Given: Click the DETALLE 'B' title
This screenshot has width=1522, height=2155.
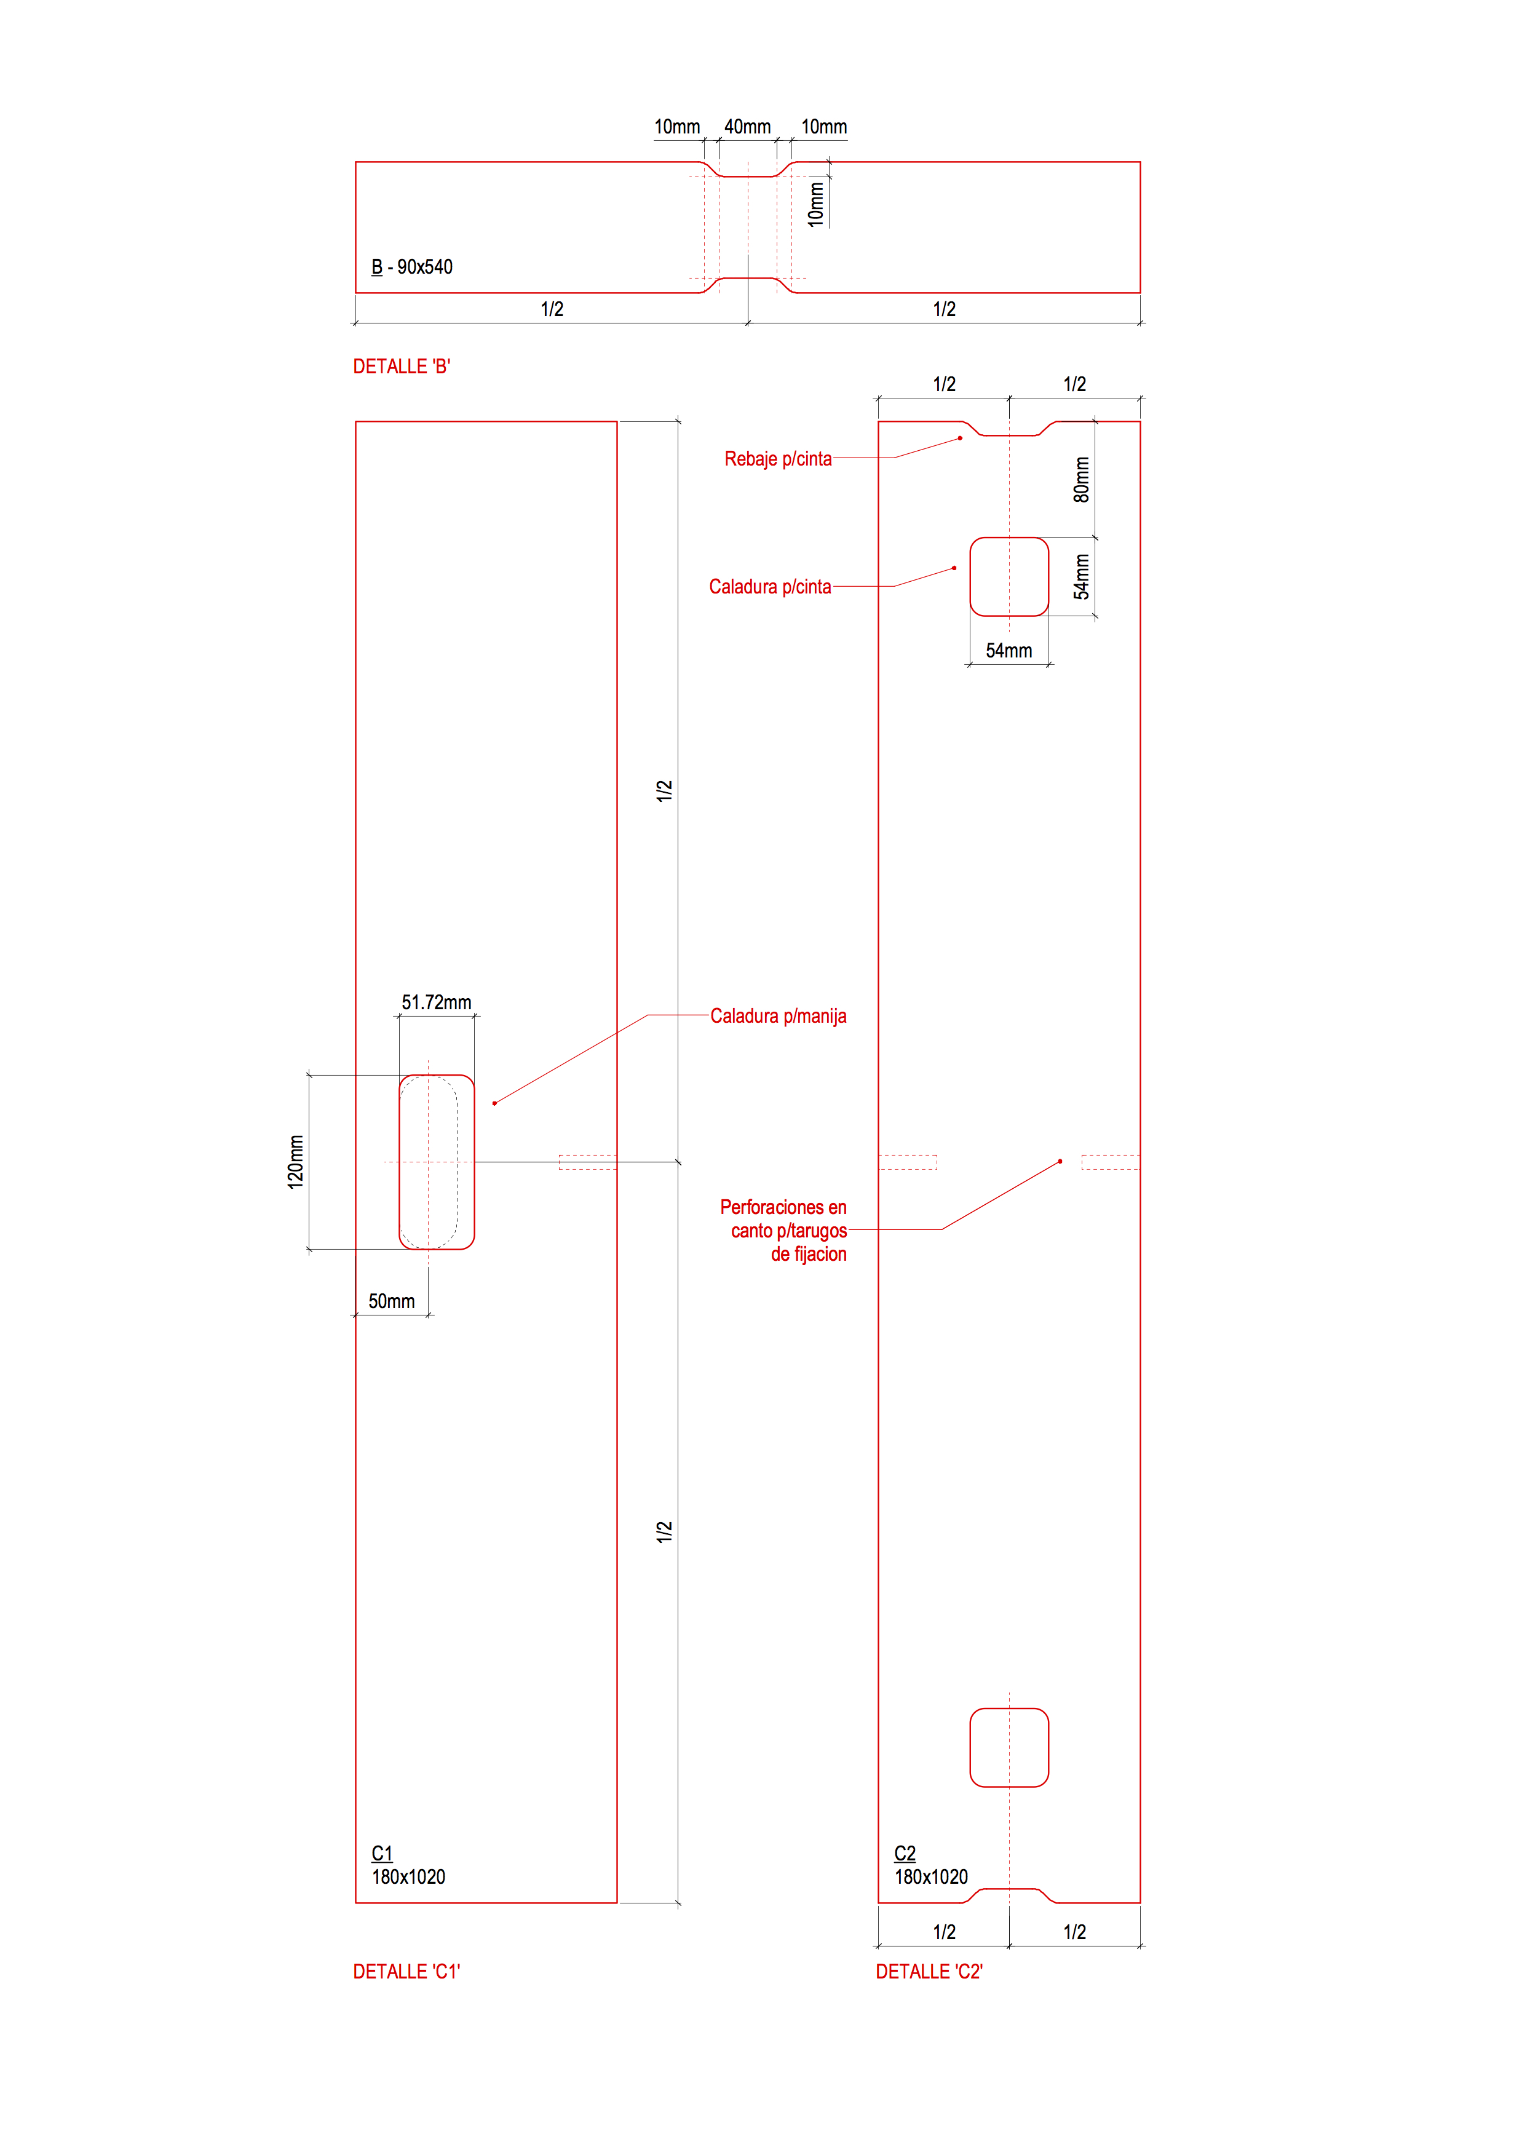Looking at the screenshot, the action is point(402,367).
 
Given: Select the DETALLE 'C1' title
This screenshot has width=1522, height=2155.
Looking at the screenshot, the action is point(406,1972).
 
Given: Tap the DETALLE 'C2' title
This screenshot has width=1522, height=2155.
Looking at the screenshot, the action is point(929,1972).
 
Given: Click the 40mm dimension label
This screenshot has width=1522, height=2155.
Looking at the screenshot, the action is point(747,127).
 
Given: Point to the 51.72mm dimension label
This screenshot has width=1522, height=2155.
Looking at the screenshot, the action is point(437,1002).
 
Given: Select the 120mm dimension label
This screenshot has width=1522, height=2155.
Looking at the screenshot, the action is point(296,1162).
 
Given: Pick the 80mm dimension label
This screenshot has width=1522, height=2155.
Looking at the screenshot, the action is point(1082,480).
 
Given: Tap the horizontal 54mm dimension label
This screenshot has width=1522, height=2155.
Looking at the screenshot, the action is point(1009,651).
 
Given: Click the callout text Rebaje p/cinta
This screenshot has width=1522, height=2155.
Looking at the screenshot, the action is point(778,459).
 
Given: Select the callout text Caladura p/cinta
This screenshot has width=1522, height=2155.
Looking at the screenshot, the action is point(769,587).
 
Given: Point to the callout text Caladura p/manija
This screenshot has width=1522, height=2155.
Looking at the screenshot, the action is point(778,1017).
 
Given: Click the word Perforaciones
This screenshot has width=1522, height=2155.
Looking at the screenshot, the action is point(783,1208).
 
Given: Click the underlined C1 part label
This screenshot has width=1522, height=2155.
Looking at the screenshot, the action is point(382,1854).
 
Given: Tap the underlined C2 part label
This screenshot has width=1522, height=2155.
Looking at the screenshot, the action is point(905,1854).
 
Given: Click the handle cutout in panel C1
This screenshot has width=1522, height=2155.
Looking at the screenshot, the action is point(437,1162).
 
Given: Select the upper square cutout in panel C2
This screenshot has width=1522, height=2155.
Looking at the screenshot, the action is point(1009,576).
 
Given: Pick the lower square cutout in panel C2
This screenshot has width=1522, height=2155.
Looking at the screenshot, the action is point(1009,1748).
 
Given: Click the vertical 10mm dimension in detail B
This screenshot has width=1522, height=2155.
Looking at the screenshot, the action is point(817,204).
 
